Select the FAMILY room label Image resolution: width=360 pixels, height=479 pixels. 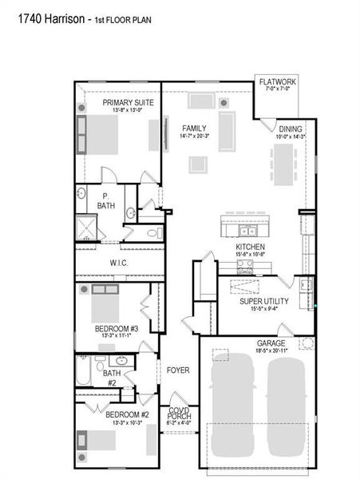tap(194, 128)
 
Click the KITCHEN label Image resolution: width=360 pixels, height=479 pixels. tap(250, 247)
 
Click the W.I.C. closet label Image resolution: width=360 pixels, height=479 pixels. tap(119, 263)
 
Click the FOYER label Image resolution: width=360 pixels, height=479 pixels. tap(177, 370)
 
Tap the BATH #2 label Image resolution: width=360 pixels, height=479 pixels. tap(111, 376)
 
